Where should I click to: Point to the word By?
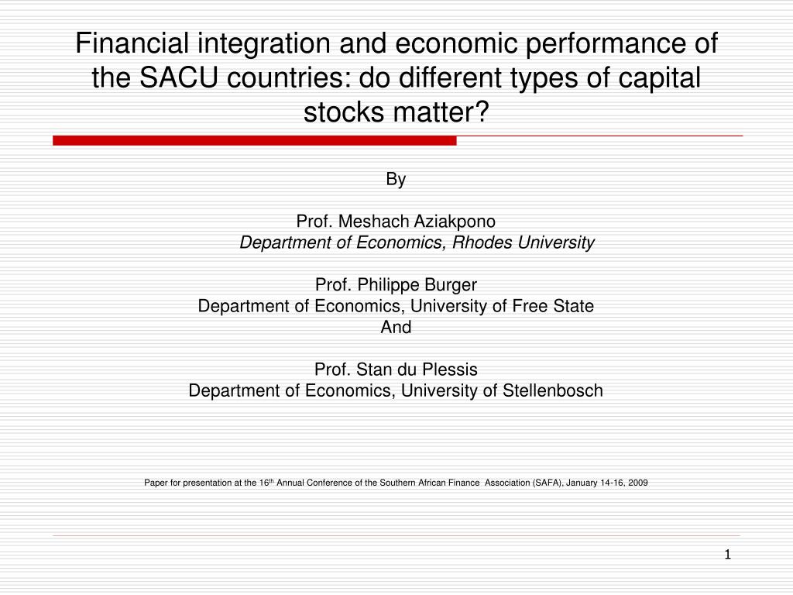coord(396,180)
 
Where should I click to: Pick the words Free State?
coord(553,306)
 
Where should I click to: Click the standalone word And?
coord(396,327)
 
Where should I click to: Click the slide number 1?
coord(727,554)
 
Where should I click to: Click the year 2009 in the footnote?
coord(638,482)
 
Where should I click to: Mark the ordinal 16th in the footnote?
coord(266,482)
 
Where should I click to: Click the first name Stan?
coord(370,370)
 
